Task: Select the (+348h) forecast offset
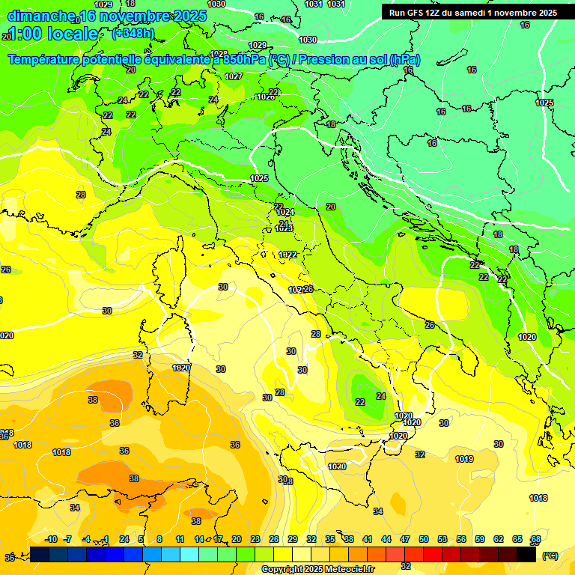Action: point(134,34)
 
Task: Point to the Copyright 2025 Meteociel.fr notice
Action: point(317,569)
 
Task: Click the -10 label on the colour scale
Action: point(51,539)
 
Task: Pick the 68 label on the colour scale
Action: point(536,539)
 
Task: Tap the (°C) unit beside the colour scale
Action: point(550,556)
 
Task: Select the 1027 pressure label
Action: point(234,76)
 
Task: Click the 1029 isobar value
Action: point(258,45)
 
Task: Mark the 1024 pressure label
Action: point(285,213)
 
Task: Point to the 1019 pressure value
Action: point(464,459)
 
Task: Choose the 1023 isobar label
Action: point(284,229)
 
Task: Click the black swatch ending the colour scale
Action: point(526,555)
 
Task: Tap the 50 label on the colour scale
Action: point(424,539)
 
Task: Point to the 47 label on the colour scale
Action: point(405,539)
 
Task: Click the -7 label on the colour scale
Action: point(67,539)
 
